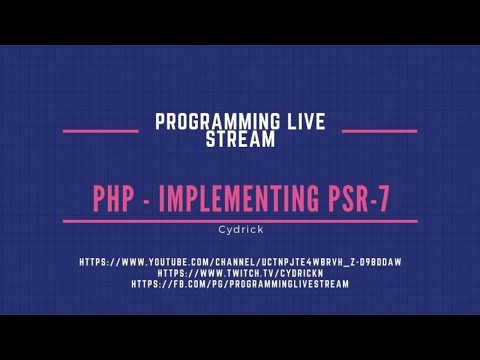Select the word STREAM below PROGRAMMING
pyautogui.click(x=240, y=140)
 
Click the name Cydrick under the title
pyautogui.click(x=239, y=227)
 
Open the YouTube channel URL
pyautogui.click(x=240, y=262)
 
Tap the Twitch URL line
pyautogui.click(x=240, y=273)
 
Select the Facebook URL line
pyautogui.click(x=240, y=284)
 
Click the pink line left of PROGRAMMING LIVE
pyautogui.click(x=100, y=131)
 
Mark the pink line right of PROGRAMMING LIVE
pyautogui.click(x=379, y=131)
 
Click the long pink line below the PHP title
pyautogui.click(x=240, y=219)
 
